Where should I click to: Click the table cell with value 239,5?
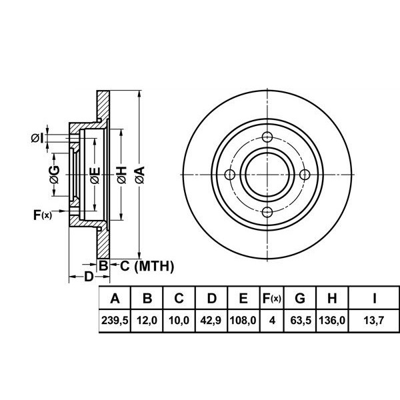114,321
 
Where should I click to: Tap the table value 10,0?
178,321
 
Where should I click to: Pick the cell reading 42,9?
210,321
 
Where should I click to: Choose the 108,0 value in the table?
243,321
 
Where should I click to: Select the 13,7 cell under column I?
375,321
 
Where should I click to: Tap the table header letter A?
114,298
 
